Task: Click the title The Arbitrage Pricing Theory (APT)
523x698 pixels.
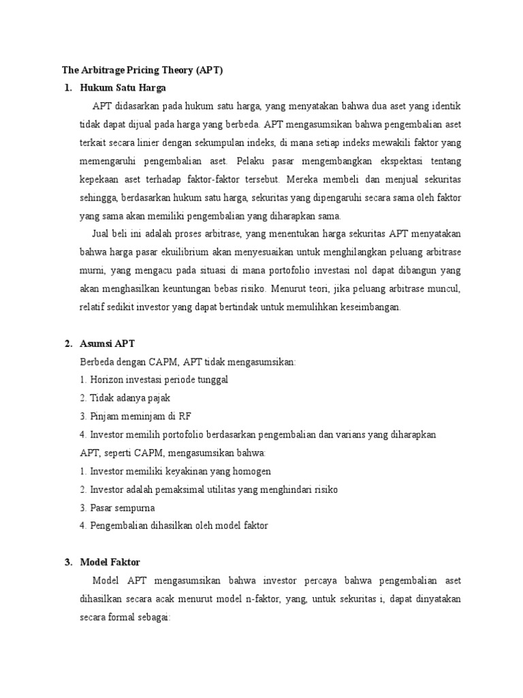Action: (x=142, y=70)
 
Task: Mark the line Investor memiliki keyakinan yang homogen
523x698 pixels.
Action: (x=175, y=471)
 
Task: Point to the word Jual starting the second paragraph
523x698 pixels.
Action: (x=101, y=234)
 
